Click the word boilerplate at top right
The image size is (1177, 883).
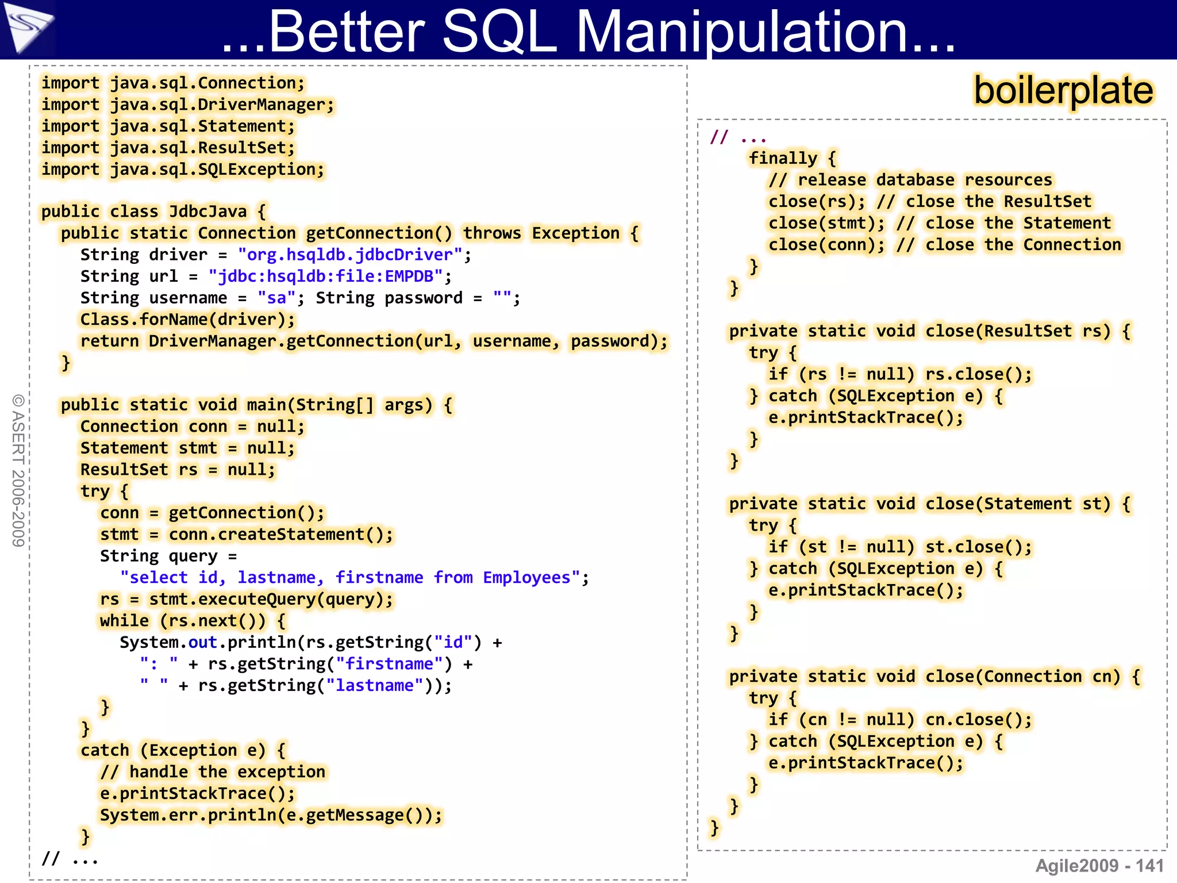(x=1063, y=91)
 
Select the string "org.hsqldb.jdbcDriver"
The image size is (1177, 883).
(x=350, y=255)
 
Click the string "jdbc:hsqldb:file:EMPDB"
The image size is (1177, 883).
(x=325, y=277)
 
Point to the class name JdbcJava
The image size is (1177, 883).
(x=207, y=212)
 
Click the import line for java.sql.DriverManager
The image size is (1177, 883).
(x=187, y=105)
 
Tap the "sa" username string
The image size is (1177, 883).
(x=276, y=298)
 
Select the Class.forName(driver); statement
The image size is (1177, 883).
(x=187, y=320)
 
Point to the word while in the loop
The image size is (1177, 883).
(x=124, y=621)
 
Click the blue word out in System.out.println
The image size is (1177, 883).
(x=202, y=642)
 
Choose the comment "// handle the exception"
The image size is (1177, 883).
(x=213, y=771)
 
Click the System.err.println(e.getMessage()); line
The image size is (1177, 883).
(x=271, y=815)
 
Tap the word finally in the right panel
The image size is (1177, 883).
(x=783, y=158)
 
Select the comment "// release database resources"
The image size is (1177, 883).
(x=910, y=180)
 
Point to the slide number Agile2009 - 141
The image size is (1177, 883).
(x=1099, y=865)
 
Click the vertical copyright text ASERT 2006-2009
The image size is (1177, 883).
(x=18, y=470)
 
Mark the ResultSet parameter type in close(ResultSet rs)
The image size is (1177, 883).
(x=1028, y=331)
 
